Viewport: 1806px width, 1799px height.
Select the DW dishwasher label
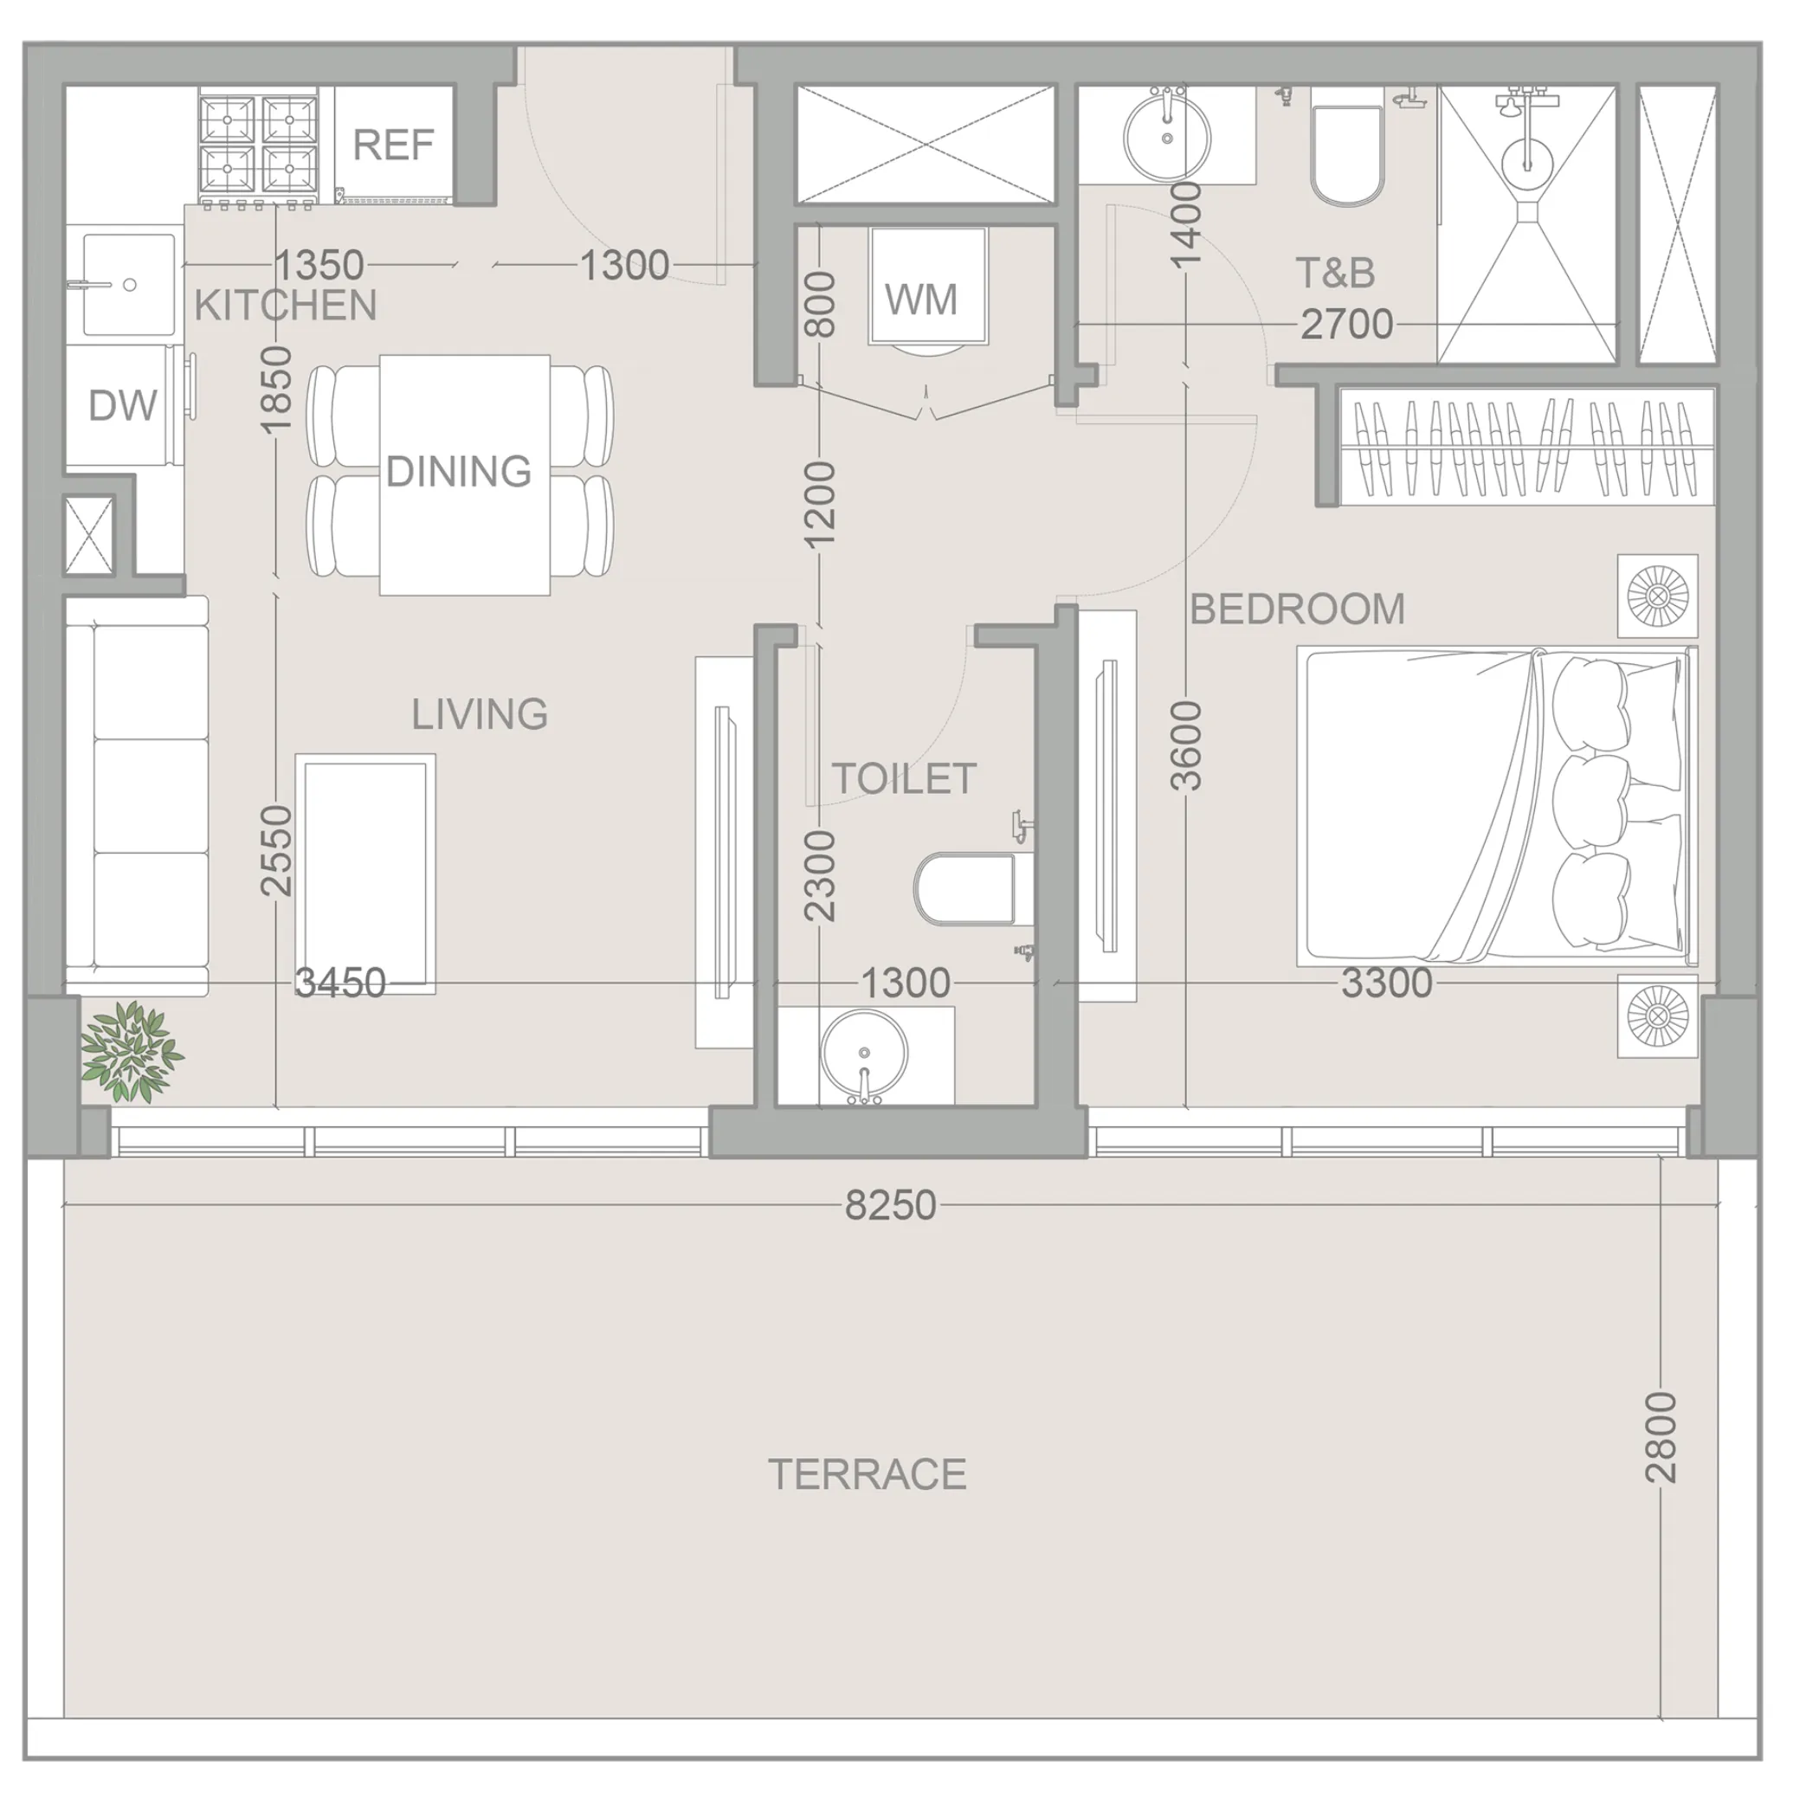tap(122, 405)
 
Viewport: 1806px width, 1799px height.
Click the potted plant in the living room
tap(131, 1050)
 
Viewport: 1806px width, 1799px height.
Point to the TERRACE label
tap(867, 1474)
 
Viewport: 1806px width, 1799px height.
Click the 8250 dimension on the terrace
tap(890, 1206)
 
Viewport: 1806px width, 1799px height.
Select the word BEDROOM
tap(1297, 609)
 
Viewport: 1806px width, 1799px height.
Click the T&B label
tap(1335, 273)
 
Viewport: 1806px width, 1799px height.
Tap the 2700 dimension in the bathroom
tap(1346, 325)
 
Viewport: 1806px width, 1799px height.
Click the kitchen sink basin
tap(128, 284)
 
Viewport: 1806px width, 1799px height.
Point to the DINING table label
tap(458, 471)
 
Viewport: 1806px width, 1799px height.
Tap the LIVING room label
tap(480, 715)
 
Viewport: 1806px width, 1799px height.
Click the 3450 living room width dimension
tap(340, 983)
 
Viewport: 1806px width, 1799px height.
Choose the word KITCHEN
tap(285, 306)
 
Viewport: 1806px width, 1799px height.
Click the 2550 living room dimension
tap(277, 849)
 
